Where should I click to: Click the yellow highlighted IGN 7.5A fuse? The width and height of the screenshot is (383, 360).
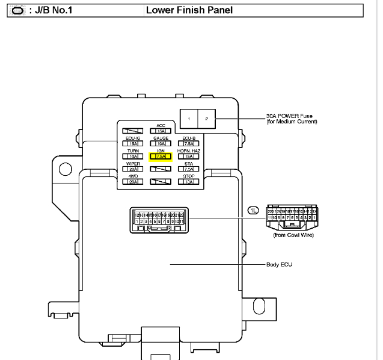161,157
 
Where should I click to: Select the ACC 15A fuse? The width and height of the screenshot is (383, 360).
161,131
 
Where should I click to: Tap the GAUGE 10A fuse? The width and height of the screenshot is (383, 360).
161,143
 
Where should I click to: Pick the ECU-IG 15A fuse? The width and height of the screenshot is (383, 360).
133,143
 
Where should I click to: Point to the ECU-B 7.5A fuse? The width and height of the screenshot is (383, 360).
189,143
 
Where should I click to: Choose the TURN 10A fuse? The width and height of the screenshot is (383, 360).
133,156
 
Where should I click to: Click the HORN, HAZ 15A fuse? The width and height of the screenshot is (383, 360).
189,156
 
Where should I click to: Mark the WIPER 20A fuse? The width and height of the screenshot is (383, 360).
133,169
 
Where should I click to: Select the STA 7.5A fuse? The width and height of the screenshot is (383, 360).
189,169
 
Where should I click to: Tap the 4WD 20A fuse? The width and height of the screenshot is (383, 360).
133,182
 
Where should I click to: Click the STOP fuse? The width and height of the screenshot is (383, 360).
189,182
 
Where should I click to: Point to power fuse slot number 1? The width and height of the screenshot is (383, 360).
189,119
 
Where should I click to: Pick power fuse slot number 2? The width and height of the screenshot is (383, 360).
206,119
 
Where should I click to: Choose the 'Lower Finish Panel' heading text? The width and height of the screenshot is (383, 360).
189,10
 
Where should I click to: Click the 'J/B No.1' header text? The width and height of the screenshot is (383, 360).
54,10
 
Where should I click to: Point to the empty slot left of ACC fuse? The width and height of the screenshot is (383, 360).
133,131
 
